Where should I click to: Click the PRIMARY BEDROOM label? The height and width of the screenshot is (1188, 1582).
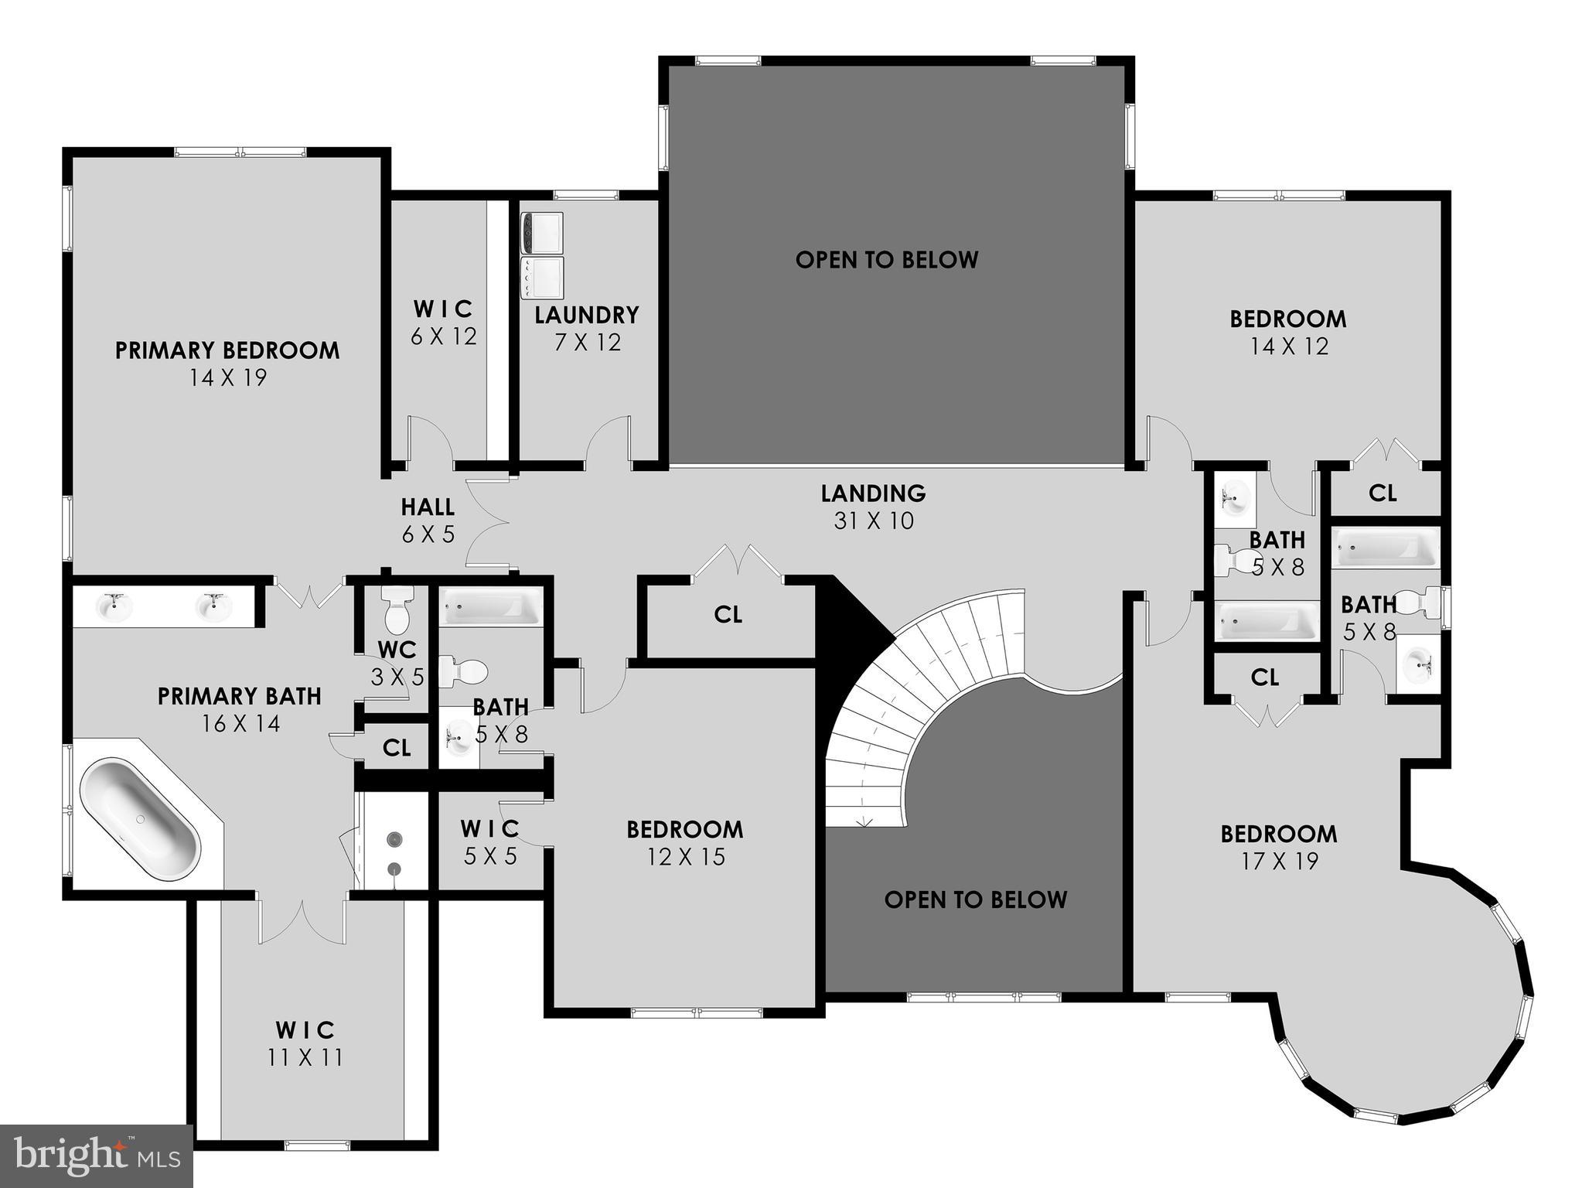(x=227, y=350)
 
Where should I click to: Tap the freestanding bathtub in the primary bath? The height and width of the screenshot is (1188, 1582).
(x=140, y=820)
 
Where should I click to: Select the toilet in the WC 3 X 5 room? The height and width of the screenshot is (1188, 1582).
(x=397, y=611)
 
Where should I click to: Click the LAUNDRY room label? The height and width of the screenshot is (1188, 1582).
(x=587, y=315)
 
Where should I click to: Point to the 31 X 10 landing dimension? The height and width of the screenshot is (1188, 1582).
(x=874, y=521)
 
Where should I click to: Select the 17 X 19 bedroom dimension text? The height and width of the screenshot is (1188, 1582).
(x=1280, y=861)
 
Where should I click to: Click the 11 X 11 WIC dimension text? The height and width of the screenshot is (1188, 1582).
(x=305, y=1057)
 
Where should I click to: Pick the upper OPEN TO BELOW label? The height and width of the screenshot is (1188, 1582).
(x=887, y=260)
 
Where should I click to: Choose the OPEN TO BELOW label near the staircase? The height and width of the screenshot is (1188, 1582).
(x=975, y=900)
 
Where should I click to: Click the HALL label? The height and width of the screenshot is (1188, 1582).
(x=428, y=507)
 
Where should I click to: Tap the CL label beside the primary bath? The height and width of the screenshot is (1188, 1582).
(x=397, y=748)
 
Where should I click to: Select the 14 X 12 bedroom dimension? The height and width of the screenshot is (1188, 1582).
(x=1289, y=346)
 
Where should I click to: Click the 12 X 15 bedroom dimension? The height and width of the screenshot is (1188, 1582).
(x=686, y=857)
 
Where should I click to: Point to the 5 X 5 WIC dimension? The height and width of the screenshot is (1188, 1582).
(x=490, y=856)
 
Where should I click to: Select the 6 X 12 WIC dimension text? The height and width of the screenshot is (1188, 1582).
(x=443, y=336)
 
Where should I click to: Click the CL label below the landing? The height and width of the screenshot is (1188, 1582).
(x=728, y=615)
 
